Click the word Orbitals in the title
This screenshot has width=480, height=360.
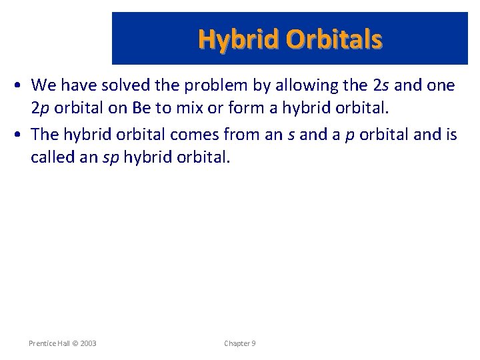click(335, 39)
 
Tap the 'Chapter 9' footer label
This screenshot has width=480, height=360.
click(240, 343)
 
